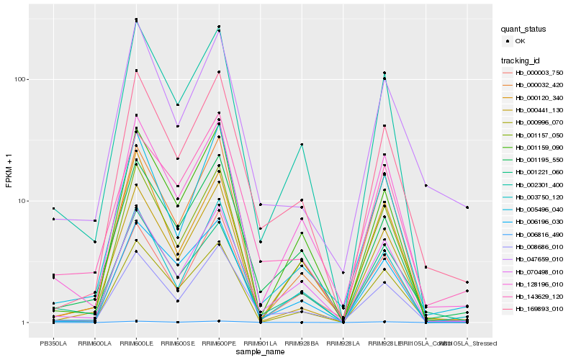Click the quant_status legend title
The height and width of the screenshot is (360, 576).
(526, 30)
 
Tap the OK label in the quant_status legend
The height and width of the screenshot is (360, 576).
(519, 42)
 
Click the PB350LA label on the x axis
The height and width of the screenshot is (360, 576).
(53, 344)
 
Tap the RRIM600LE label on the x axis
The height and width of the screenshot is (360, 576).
(136, 344)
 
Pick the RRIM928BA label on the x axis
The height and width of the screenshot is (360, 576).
(302, 344)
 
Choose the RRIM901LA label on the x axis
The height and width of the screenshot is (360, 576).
(260, 344)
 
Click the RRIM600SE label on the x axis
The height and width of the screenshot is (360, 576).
(177, 344)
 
